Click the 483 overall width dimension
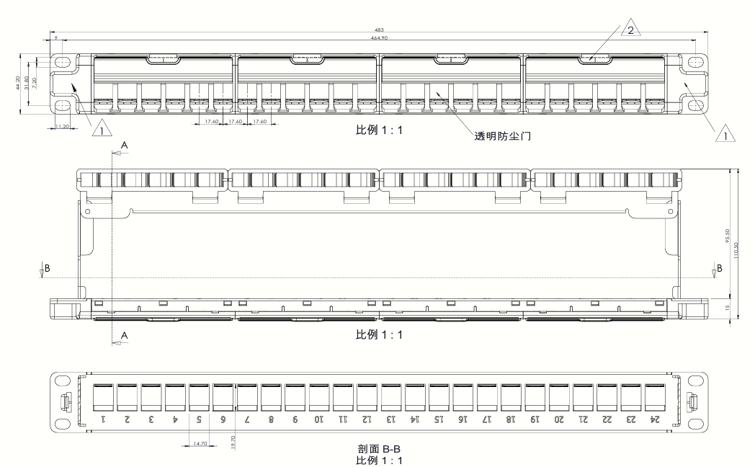tap(380, 30)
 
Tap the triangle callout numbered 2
tap(631, 30)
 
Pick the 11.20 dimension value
tap(61, 126)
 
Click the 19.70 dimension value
tap(233, 441)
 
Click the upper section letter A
tap(124, 145)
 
